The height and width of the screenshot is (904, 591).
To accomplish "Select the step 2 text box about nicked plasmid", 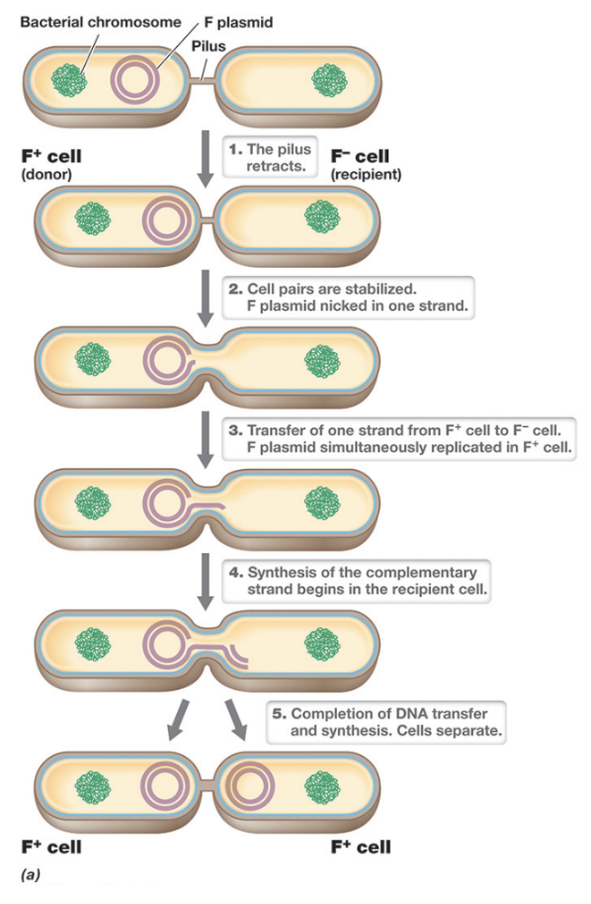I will (354, 298).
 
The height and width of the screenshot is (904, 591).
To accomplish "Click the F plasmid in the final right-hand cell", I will (250, 787).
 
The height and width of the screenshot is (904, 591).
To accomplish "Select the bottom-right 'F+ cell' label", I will (361, 848).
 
